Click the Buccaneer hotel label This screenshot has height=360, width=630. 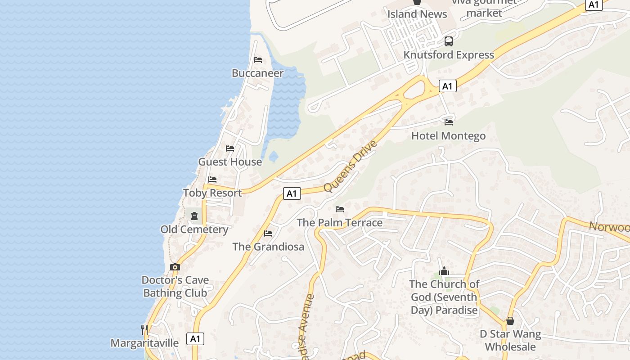pos(257,73)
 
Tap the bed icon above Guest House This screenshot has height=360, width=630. pos(230,148)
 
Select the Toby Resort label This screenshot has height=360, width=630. pos(212,193)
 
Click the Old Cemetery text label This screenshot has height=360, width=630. pos(194,229)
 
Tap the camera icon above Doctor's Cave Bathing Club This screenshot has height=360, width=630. pos(175,267)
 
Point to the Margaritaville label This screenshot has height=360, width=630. pos(144,343)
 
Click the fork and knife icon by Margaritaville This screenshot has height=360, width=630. pos(144,329)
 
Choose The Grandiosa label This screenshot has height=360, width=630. pos(268,247)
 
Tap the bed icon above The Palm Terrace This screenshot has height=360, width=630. pos(340,209)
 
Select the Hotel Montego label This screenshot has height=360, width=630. pos(448,136)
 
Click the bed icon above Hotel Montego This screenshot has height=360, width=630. pos(449,122)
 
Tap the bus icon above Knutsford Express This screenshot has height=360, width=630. pos(449,41)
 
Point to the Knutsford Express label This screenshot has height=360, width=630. pos(449,55)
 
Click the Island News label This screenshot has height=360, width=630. pos(417,14)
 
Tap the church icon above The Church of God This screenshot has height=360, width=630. pos(445,270)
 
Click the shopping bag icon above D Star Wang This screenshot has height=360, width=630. pos(510,321)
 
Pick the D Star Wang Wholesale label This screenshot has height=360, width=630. pos(510,340)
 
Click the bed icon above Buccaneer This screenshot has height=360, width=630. pos(258,59)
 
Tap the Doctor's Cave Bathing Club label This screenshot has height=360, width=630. pos(175,286)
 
